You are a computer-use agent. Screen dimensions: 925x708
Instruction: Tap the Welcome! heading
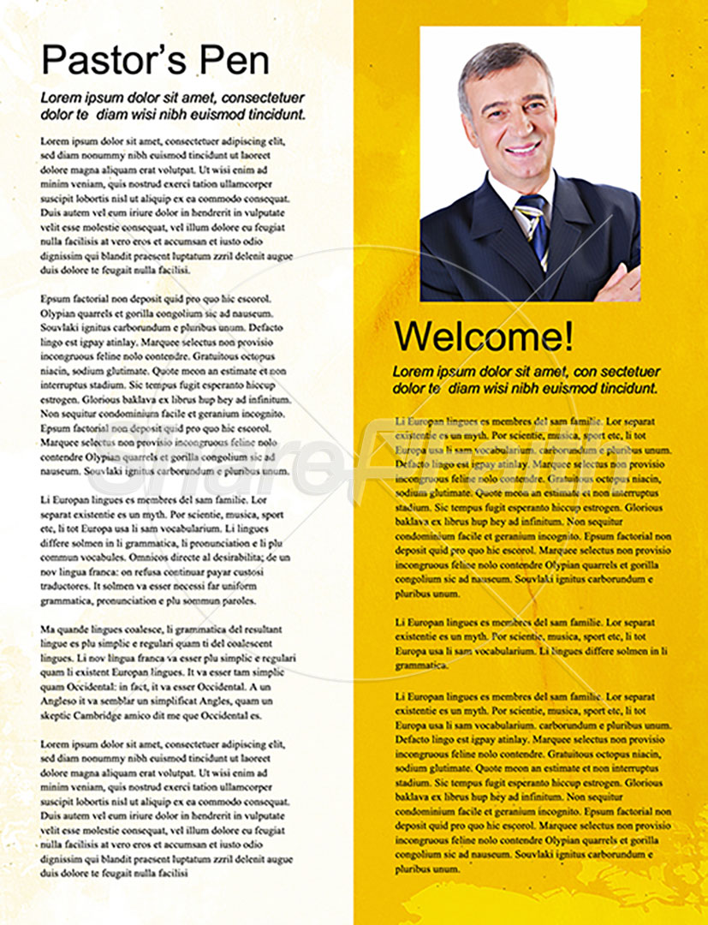484,337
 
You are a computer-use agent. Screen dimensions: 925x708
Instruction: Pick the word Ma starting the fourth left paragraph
48,629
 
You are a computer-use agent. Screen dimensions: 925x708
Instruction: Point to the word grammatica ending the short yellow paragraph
418,665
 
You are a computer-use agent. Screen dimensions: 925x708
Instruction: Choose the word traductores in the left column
67,586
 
